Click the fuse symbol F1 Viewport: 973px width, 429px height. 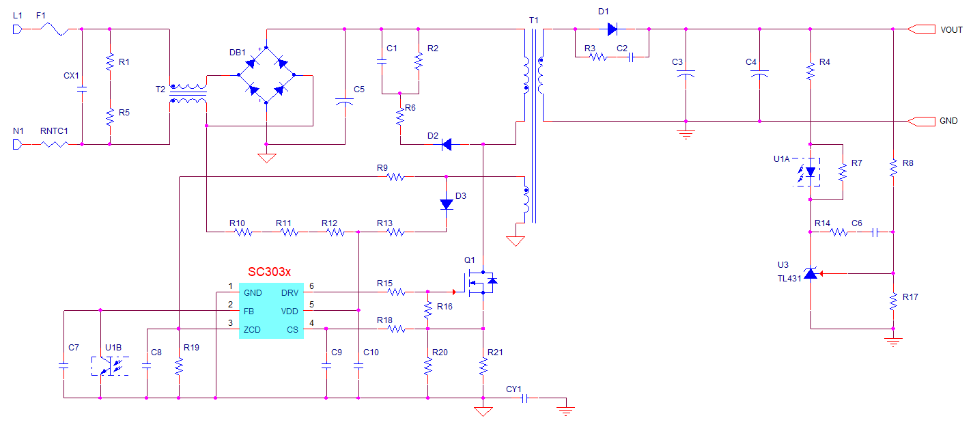click(55, 29)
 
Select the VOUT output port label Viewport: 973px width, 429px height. click(951, 30)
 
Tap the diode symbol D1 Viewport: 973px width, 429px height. click(612, 29)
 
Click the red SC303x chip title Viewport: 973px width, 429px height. click(269, 272)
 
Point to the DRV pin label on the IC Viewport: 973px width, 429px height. click(290, 293)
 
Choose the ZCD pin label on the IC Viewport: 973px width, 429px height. click(252, 330)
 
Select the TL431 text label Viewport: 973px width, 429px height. click(789, 279)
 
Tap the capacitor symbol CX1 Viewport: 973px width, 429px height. click(82, 89)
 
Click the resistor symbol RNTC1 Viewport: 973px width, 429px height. click(55, 144)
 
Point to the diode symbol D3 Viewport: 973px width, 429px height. click(447, 204)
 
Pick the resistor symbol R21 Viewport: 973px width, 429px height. click(483, 366)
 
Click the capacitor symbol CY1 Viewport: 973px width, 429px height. click(524, 398)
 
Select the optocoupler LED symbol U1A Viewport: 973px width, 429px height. click(808, 171)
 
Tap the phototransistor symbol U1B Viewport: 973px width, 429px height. click(110, 366)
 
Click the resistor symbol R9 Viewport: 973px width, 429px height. click(396, 177)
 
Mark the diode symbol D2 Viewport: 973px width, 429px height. click(447, 144)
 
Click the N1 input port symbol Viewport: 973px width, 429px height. click(17, 144)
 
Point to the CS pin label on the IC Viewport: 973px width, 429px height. click(292, 330)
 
